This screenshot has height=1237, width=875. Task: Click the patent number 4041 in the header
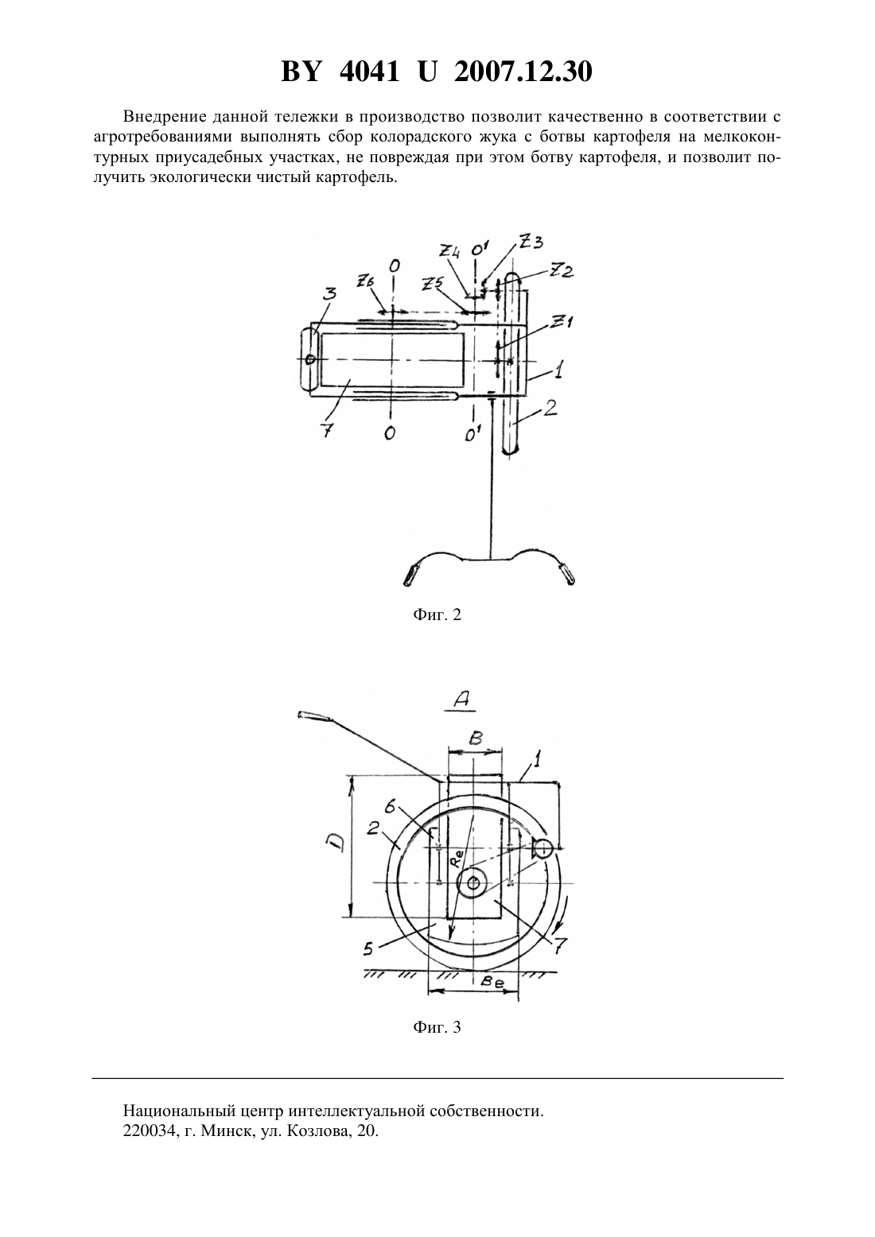click(x=368, y=72)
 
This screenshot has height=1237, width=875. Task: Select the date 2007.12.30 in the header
click(x=523, y=72)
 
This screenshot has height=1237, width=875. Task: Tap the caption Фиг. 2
click(x=437, y=615)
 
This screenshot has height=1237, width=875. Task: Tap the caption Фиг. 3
click(x=437, y=1027)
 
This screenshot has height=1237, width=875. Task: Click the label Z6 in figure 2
click(x=365, y=282)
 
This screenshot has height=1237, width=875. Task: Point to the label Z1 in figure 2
click(x=562, y=322)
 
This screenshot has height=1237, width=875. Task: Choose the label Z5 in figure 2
click(x=433, y=284)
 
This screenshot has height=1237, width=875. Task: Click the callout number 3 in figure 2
click(x=330, y=294)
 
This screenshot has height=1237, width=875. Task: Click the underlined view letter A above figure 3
click(x=461, y=700)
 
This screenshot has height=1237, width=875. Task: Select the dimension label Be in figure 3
click(x=490, y=981)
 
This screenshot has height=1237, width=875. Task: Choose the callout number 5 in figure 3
click(x=368, y=948)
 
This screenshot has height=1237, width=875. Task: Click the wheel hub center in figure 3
click(x=472, y=883)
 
